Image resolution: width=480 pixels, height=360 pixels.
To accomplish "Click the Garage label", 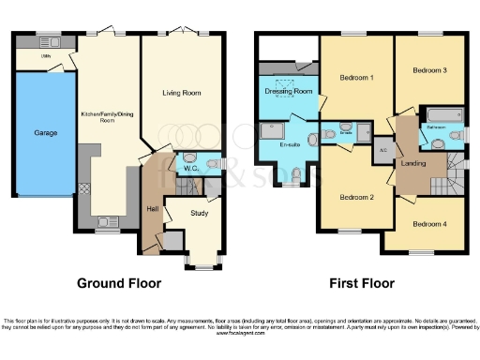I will pos(46,133).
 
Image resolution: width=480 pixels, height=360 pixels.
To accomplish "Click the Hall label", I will pos(152,208).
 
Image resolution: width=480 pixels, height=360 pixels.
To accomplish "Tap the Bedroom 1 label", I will pos(357,78).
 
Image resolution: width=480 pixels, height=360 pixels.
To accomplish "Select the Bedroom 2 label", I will pos(357,197).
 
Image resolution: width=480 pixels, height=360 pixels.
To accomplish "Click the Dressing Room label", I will pos(290,92).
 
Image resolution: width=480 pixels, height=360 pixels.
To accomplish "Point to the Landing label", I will pos(412,164).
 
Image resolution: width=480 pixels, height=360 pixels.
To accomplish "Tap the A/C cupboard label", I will pos(382,150).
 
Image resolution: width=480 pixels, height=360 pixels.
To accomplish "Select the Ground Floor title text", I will pos(118,283).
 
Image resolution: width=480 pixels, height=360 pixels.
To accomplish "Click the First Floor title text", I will pos(361,283).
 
